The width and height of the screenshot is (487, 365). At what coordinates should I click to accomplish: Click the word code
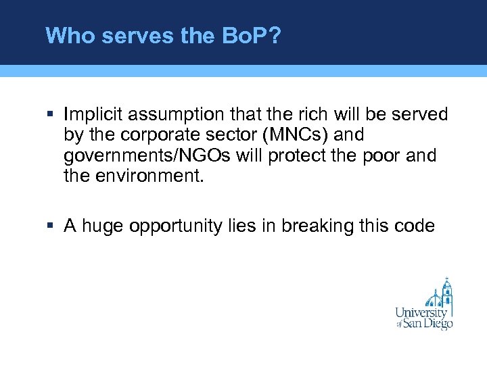[414, 226]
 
